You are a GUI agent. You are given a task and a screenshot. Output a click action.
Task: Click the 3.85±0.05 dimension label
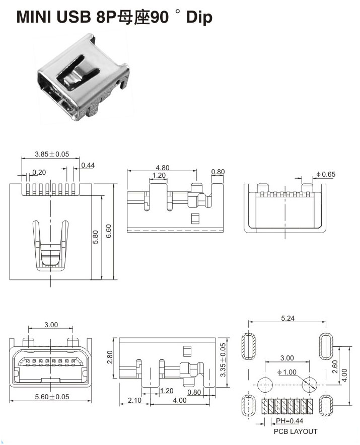point(52,154)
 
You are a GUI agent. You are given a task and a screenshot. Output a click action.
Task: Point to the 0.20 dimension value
point(39,172)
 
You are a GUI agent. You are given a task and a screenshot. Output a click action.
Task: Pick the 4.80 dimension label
point(162,168)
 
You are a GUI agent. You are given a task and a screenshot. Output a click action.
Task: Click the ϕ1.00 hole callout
point(286,372)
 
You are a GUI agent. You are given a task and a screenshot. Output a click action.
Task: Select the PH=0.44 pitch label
point(291,421)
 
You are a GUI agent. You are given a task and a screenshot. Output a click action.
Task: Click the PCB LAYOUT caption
point(296,431)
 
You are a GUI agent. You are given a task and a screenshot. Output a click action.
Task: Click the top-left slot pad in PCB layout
point(249,346)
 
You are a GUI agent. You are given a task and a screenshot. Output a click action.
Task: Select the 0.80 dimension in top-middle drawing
point(218,172)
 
